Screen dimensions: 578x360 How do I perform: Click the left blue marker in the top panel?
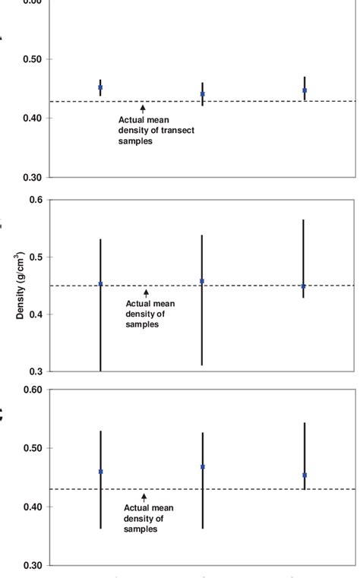100,87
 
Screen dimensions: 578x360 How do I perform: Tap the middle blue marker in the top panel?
202,94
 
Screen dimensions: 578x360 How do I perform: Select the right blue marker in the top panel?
305,90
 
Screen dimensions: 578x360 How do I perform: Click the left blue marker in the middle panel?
100,284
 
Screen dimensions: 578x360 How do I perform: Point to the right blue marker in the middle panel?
304,286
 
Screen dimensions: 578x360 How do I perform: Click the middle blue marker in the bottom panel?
202,467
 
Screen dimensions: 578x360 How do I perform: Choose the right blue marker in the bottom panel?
304,475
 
